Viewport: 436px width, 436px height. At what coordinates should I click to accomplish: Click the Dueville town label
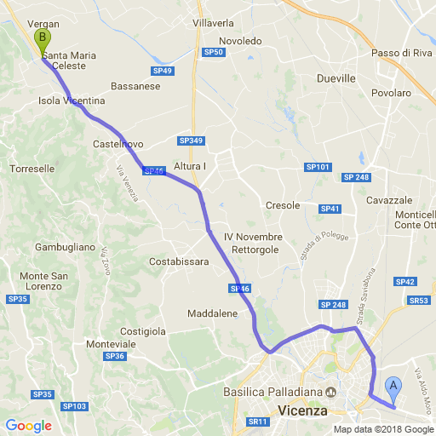point(336,77)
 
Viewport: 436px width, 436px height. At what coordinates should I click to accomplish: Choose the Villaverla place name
point(214,22)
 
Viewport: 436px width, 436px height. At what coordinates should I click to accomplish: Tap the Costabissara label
point(179,261)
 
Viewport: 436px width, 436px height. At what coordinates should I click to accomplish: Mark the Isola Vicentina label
point(72,100)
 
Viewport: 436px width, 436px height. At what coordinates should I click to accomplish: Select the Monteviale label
point(112,343)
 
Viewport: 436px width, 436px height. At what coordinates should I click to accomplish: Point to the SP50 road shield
point(214,53)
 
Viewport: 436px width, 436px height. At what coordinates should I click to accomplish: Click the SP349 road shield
point(192,141)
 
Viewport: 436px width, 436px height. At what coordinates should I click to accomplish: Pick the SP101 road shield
point(318,167)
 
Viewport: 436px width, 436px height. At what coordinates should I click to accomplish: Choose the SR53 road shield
point(419,301)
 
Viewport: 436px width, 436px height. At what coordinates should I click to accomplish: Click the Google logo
point(28,425)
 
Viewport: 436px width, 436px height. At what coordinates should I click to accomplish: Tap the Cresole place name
point(283,205)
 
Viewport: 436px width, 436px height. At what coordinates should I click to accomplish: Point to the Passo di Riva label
point(403,54)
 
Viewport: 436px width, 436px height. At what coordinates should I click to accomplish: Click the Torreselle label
point(32,169)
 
